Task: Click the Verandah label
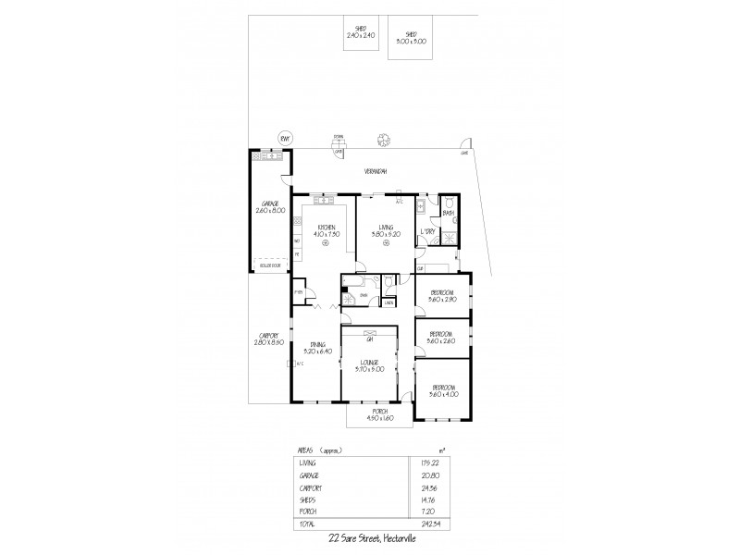pyautogui.click(x=375, y=172)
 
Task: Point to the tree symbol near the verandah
pyautogui.click(x=381, y=142)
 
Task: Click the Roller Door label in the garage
pyautogui.click(x=270, y=265)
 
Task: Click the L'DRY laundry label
pyautogui.click(x=427, y=229)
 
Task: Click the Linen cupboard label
pyautogui.click(x=389, y=302)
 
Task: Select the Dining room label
pyautogui.click(x=316, y=345)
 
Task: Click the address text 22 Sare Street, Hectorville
pyautogui.click(x=374, y=538)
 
